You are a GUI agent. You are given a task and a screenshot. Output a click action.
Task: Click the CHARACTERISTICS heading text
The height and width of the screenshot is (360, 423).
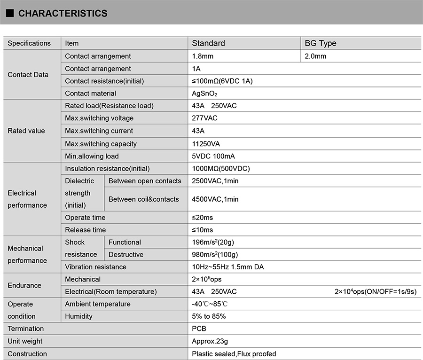pos(63,13)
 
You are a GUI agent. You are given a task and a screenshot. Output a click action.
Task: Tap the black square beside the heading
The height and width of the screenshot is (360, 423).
pos(9,13)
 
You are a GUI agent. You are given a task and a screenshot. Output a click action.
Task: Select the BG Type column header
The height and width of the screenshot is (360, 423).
pos(321,43)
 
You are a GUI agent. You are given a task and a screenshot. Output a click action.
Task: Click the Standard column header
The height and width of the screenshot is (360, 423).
pos(208,43)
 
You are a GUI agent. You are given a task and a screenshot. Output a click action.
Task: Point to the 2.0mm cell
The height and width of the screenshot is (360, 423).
pos(315,56)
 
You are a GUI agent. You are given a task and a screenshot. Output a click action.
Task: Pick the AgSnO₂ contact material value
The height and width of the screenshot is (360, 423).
pos(204,93)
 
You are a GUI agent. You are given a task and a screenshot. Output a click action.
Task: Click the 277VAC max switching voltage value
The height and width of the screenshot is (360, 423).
pos(205,118)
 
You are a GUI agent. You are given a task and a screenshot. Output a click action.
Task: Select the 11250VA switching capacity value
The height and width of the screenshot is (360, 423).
pos(206,144)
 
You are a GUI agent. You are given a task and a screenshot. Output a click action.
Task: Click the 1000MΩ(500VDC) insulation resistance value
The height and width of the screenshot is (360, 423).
pos(220,168)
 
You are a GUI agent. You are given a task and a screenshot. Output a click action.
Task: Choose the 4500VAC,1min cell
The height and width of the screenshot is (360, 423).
pos(215,199)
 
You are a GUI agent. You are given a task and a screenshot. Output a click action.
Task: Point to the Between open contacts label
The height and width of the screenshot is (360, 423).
pos(145,181)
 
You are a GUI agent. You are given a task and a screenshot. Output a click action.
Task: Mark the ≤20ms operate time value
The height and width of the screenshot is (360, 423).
pos(203,218)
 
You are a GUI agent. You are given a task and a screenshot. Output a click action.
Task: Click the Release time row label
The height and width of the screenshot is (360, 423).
pos(86,230)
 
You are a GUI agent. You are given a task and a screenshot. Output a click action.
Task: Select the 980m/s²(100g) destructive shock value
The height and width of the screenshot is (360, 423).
pos(215,255)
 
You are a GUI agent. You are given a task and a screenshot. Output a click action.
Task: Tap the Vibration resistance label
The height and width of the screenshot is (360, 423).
pos(96,267)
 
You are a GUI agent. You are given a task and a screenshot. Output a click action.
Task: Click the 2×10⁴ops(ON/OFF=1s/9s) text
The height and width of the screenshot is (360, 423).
pos(376,292)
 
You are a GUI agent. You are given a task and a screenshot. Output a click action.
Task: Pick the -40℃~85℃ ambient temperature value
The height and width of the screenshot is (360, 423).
pos(210,304)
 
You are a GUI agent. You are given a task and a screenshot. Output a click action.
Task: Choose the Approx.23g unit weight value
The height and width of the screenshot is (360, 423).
pos(210,341)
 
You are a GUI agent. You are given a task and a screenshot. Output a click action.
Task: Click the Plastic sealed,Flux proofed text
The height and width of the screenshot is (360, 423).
pos(234,354)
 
